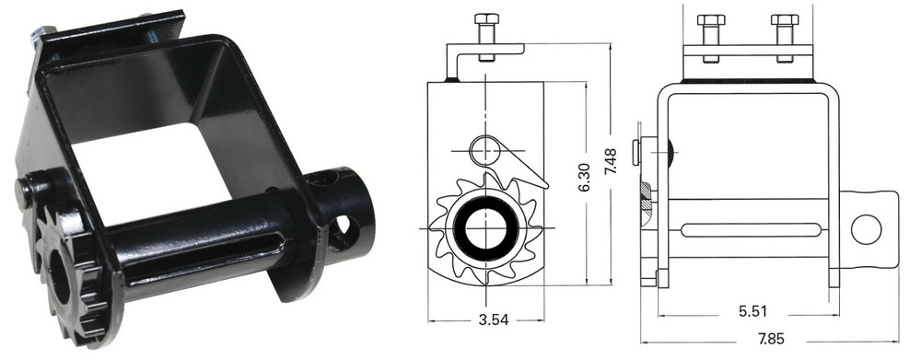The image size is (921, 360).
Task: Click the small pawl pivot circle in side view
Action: click(x=482, y=147)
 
